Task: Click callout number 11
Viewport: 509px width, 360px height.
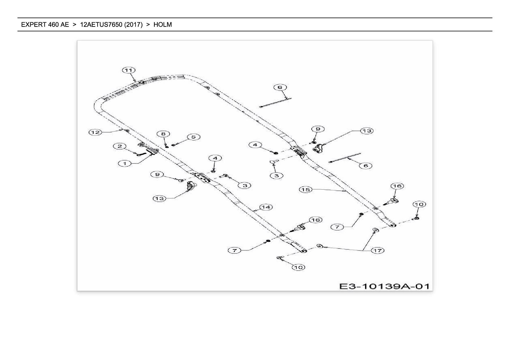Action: (129, 70)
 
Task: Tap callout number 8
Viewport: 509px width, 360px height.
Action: (163, 134)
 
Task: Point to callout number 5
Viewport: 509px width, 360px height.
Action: (194, 137)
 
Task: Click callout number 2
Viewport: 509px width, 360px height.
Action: (120, 146)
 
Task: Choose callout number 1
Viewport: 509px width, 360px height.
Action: (125, 163)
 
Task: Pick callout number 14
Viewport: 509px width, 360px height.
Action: (266, 207)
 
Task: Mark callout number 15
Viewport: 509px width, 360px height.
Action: (306, 190)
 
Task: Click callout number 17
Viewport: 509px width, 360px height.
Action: (378, 250)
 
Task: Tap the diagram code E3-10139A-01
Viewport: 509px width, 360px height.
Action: (384, 286)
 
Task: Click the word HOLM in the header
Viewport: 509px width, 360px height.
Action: (163, 25)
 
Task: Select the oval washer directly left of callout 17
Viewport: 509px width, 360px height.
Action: (320, 246)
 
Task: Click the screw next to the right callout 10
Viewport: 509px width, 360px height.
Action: (416, 219)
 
